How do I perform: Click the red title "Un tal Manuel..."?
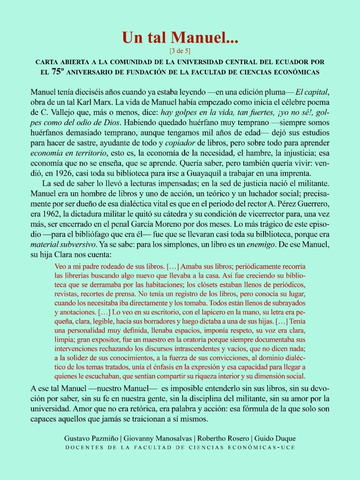click(x=180, y=37)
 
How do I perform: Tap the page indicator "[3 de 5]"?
click(x=180, y=49)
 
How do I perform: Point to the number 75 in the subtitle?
click(x=58, y=72)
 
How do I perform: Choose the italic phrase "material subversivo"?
click(x=61, y=245)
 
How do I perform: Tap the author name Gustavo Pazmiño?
click(x=91, y=439)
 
